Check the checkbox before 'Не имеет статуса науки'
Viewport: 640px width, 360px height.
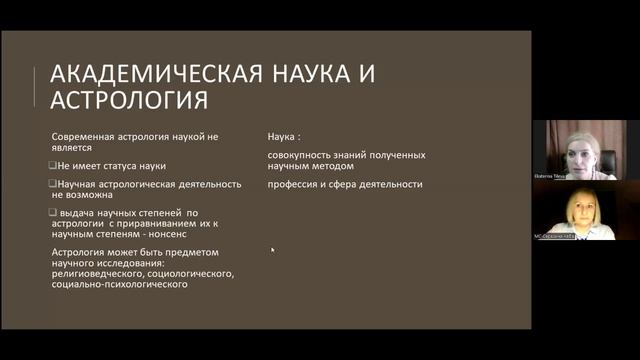tap(53, 165)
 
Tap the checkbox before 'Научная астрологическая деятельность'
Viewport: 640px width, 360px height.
tap(53, 184)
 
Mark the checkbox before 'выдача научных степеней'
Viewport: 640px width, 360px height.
tap(53, 213)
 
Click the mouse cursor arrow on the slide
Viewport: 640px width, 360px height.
tap(272, 250)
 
